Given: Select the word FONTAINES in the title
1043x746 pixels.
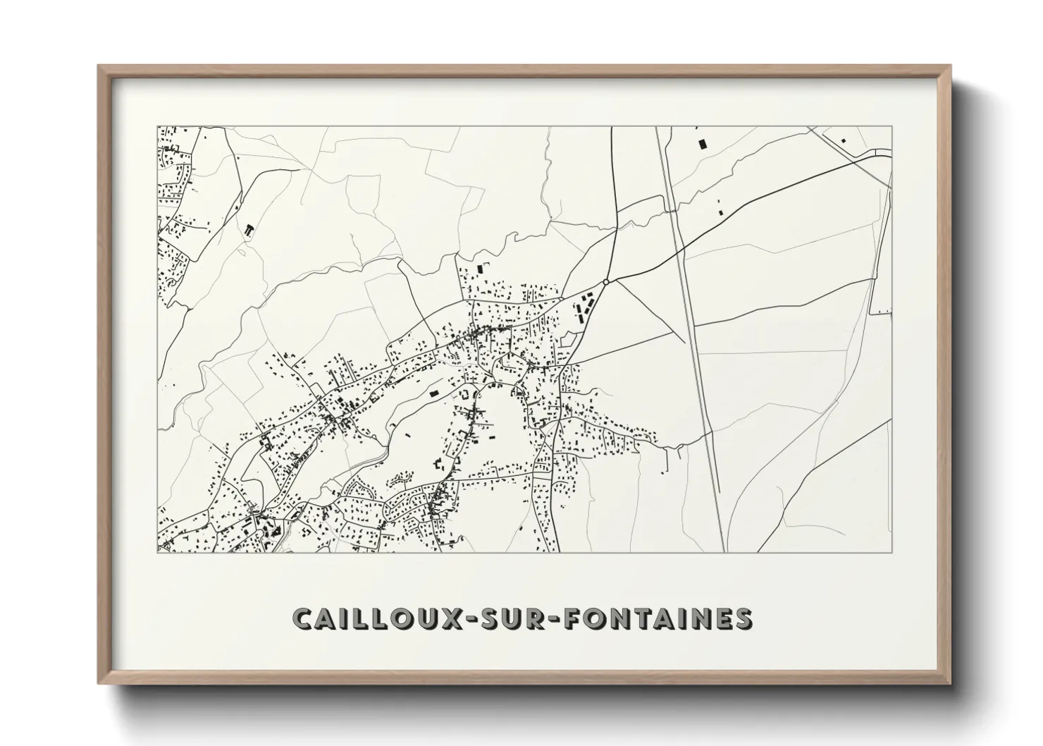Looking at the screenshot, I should click(x=655, y=618).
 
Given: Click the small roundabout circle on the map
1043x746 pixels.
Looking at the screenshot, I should click(x=605, y=282).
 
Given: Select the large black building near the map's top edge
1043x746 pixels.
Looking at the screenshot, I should click(x=701, y=144).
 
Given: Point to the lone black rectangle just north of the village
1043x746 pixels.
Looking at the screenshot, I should click(x=482, y=269).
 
